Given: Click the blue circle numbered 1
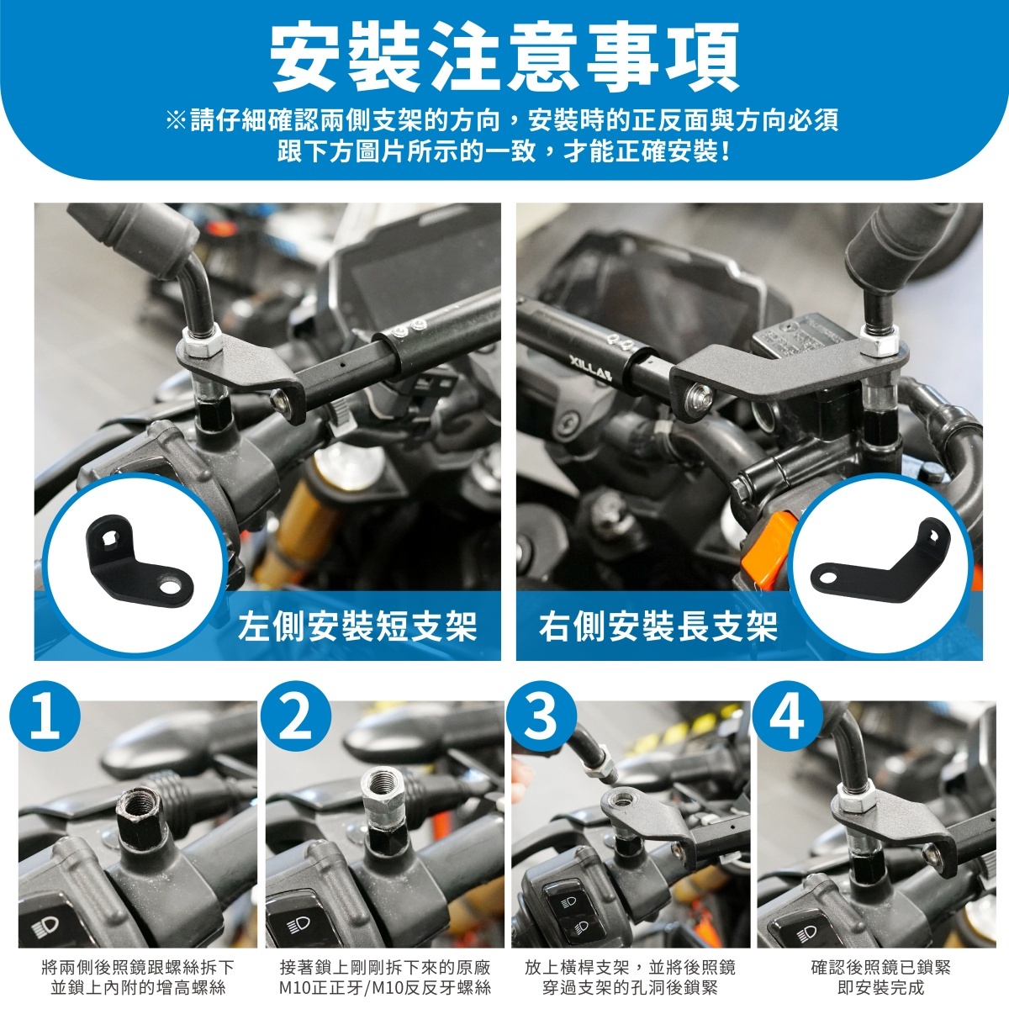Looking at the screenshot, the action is point(45,716).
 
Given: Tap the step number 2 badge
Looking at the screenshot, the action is point(296,716).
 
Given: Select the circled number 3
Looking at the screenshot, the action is point(541,716).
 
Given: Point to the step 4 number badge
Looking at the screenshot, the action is point(788,716).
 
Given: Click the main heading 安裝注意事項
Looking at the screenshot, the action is point(504,58).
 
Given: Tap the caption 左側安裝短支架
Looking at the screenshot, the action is point(357,626).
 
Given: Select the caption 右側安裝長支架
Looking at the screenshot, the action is point(658,626).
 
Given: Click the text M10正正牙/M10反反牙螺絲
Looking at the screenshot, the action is point(385,987).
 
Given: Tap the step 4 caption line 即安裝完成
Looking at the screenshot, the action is point(880,987).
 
